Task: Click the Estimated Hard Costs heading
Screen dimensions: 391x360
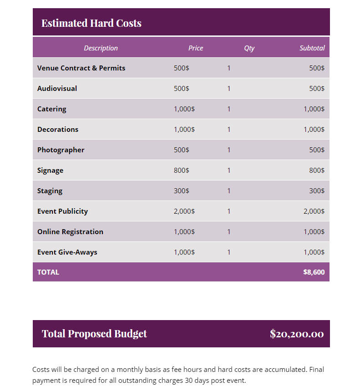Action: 91,23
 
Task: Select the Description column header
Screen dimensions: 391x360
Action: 101,48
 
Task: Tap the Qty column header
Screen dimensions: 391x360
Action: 249,48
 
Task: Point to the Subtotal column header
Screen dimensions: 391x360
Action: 312,48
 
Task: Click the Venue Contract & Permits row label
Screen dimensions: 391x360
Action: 81,68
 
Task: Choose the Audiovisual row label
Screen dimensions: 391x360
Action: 57,89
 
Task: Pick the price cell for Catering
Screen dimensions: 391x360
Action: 184,109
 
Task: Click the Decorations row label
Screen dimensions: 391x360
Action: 58,130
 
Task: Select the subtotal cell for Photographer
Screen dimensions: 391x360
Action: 317,150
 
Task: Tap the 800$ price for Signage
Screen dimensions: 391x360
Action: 181,170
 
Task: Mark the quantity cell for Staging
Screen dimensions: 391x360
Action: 229,191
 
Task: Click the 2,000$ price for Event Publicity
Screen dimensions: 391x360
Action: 184,211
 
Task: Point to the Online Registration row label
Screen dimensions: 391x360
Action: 70,232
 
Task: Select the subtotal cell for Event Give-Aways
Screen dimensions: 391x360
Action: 314,252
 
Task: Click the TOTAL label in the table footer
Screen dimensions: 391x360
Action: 48,272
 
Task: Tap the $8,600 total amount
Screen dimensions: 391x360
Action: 314,272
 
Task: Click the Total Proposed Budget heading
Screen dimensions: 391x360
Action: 94,334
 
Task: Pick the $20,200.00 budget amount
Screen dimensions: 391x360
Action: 297,334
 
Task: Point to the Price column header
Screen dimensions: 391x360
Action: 196,48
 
